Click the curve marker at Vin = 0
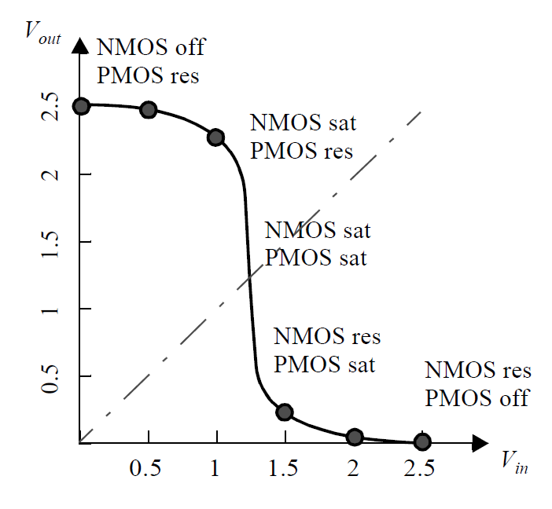tap(80, 106)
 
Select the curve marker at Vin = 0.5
tap(148, 109)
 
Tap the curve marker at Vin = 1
tap(215, 137)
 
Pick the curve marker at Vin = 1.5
tap(285, 412)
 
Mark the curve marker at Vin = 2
tap(354, 437)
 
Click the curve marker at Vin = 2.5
tap(422, 441)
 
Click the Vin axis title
tap(514, 463)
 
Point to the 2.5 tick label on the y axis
tap(50, 107)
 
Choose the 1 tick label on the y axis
tap(50, 309)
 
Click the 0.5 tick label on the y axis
tap(50, 376)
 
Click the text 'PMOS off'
tap(477, 397)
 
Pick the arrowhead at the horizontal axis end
tap(480, 442)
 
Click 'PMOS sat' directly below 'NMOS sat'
tap(315, 258)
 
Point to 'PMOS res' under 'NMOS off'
tap(148, 76)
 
